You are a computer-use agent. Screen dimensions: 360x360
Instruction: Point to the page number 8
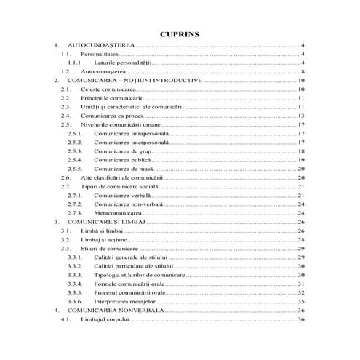pos(301,72)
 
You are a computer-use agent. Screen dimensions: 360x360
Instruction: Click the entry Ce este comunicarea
pos(108,89)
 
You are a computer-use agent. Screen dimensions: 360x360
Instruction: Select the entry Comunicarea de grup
pos(122,151)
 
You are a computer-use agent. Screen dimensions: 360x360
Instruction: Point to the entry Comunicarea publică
pos(121,160)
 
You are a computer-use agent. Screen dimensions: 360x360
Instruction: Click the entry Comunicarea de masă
pos(122,169)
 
